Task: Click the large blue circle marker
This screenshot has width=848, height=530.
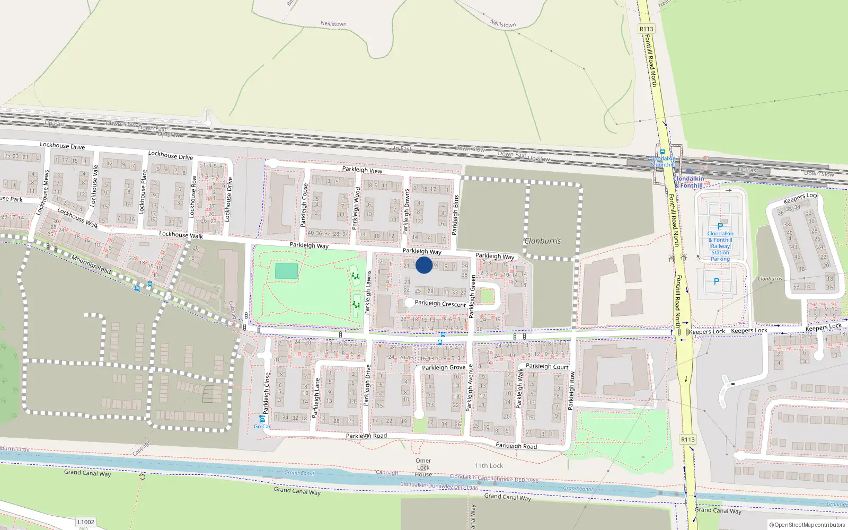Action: coord(424,265)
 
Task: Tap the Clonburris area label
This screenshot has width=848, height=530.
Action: coord(542,241)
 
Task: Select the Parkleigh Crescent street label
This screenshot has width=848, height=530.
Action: coord(440,304)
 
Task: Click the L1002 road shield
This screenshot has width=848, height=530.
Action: coord(86,522)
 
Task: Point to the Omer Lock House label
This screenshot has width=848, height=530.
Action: coord(423,467)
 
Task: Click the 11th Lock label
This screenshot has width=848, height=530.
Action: coord(489,466)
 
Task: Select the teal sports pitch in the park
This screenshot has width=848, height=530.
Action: coord(286,271)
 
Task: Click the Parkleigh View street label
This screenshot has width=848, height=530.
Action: coord(362,170)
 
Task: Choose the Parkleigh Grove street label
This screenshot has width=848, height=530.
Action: coord(444,367)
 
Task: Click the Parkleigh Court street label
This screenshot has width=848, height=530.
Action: coord(547,366)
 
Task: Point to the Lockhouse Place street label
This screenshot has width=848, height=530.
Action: coord(143,191)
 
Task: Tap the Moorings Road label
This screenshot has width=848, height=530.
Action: coord(91,265)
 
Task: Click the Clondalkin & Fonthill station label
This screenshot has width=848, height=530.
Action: coord(688,182)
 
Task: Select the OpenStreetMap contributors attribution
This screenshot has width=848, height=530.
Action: coord(807,525)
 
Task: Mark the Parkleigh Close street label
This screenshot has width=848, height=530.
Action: coord(267,393)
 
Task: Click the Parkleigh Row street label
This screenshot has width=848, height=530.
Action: coord(571,391)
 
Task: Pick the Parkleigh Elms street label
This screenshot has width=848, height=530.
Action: coord(455,215)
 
